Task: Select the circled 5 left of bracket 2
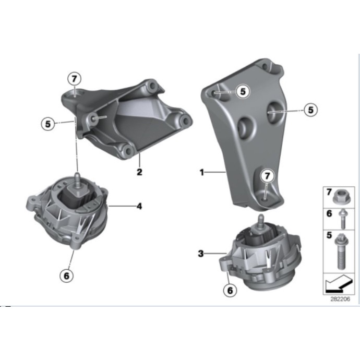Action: (x=49, y=124)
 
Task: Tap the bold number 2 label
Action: (x=139, y=171)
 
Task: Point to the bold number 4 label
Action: (x=139, y=207)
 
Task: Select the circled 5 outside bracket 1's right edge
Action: (x=311, y=110)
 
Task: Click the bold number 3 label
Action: (x=200, y=254)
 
